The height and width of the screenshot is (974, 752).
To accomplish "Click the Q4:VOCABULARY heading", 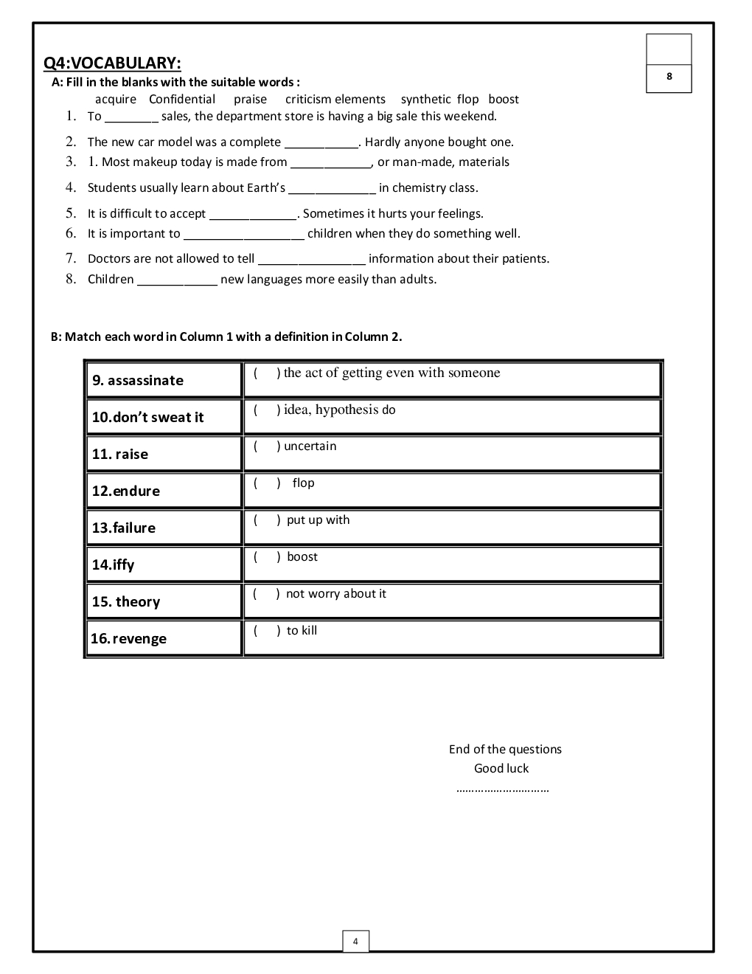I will [112, 63].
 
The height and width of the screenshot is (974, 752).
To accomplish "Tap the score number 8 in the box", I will [669, 77].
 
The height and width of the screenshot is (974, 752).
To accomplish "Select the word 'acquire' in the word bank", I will [116, 100].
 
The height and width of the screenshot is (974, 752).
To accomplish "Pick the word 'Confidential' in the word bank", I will [182, 100].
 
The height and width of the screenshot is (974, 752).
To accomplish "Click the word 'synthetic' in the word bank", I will [425, 100].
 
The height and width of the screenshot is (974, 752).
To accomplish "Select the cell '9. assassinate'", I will [164, 380].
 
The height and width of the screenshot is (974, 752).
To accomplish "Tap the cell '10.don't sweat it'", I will [164, 417].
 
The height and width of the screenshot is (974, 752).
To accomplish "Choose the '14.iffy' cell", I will [164, 564].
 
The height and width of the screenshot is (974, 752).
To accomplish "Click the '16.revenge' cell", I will [164, 638].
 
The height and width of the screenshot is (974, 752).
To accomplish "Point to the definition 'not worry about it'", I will [335, 594].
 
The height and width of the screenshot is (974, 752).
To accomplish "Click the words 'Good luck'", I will [501, 769].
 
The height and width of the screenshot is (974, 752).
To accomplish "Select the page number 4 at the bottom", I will [355, 942].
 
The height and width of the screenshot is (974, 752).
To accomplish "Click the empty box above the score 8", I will [669, 49].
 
